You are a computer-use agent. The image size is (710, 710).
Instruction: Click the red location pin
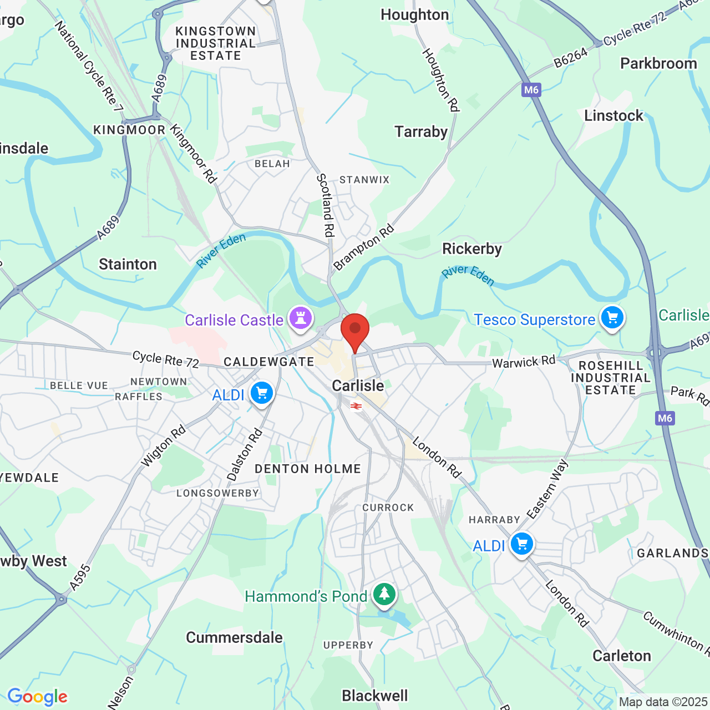click(x=355, y=331)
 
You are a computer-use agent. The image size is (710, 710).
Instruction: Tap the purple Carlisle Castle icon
click(x=301, y=319)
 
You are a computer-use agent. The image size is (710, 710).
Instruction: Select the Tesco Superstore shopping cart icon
click(x=612, y=318)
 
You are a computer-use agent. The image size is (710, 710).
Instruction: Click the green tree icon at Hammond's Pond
click(x=384, y=594)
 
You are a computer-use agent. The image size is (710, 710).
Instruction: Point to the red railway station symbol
click(x=356, y=407)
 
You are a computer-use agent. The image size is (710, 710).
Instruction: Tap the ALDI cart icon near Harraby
click(x=521, y=544)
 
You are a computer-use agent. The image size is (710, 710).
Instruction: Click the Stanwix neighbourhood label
click(x=364, y=180)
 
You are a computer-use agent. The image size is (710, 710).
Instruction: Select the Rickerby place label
click(x=471, y=249)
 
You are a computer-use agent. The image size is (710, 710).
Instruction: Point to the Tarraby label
click(x=421, y=132)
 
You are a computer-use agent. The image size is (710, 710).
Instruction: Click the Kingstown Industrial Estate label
click(x=216, y=43)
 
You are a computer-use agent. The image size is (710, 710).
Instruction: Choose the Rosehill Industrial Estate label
click(x=610, y=378)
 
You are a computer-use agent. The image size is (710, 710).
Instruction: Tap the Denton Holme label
click(x=307, y=469)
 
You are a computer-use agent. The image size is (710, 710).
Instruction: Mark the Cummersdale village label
click(x=234, y=637)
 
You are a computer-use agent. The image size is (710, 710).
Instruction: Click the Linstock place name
click(x=613, y=116)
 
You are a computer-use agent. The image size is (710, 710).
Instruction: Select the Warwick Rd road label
click(x=524, y=362)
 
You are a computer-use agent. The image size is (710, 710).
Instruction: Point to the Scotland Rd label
click(x=326, y=205)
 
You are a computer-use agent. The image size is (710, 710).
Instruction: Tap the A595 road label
click(x=80, y=577)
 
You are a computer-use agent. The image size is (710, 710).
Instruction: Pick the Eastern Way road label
click(x=547, y=489)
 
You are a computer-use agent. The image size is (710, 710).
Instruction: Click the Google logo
click(x=38, y=697)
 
